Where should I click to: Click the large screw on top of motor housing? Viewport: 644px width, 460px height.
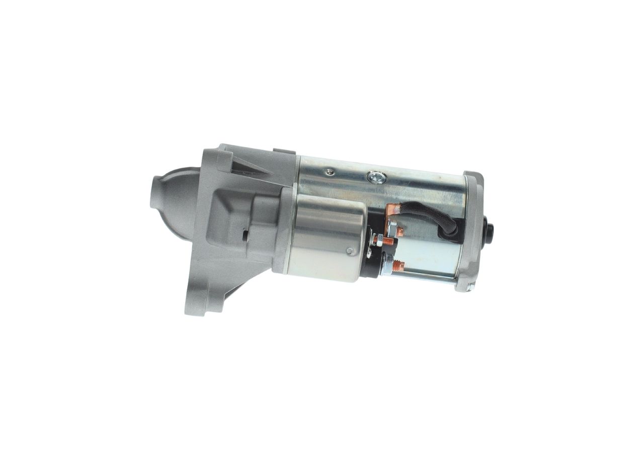(376, 177)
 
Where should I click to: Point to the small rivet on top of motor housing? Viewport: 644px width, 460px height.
(330, 172)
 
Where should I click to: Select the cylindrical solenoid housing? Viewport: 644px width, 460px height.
(327, 237)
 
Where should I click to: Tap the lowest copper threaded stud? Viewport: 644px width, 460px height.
(398, 265)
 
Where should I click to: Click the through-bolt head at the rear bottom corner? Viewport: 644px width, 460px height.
(469, 287)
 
